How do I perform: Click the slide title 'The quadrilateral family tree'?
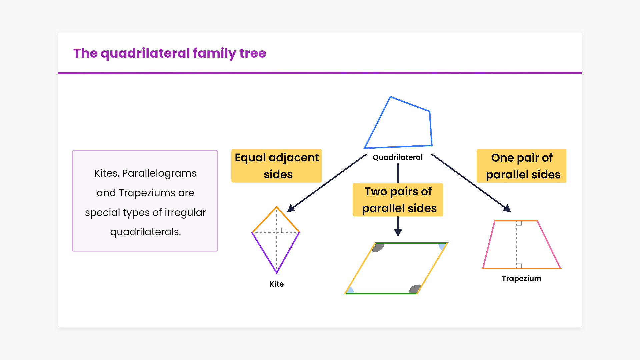pyautogui.click(x=170, y=53)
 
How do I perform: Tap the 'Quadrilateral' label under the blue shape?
pyautogui.click(x=397, y=157)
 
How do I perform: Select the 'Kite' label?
pyautogui.click(x=276, y=284)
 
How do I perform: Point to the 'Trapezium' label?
pyautogui.click(x=521, y=278)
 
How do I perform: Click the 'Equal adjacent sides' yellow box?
pyautogui.click(x=277, y=166)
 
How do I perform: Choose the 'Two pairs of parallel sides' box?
pyautogui.click(x=398, y=200)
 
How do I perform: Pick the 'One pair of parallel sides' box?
pyautogui.click(x=521, y=166)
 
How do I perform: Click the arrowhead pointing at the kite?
pyautogui.click(x=291, y=209)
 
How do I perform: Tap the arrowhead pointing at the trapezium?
pyautogui.click(x=507, y=209)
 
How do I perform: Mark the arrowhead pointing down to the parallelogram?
pyautogui.click(x=398, y=232)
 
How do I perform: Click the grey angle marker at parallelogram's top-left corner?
pyautogui.click(x=378, y=247)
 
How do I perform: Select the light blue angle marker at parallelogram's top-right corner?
pyautogui.click(x=442, y=246)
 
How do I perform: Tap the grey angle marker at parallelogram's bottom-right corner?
pyautogui.click(x=415, y=289)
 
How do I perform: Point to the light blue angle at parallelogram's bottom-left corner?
pyautogui.click(x=350, y=291)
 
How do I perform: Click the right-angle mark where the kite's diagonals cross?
pyautogui.click(x=279, y=230)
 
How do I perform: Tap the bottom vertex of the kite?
pyautogui.click(x=277, y=273)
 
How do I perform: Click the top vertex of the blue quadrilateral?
pyautogui.click(x=390, y=97)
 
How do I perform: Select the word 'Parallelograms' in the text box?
pyautogui.click(x=159, y=173)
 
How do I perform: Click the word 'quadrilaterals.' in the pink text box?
pyautogui.click(x=145, y=232)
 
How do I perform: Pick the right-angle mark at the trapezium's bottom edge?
pyautogui.click(x=519, y=266)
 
